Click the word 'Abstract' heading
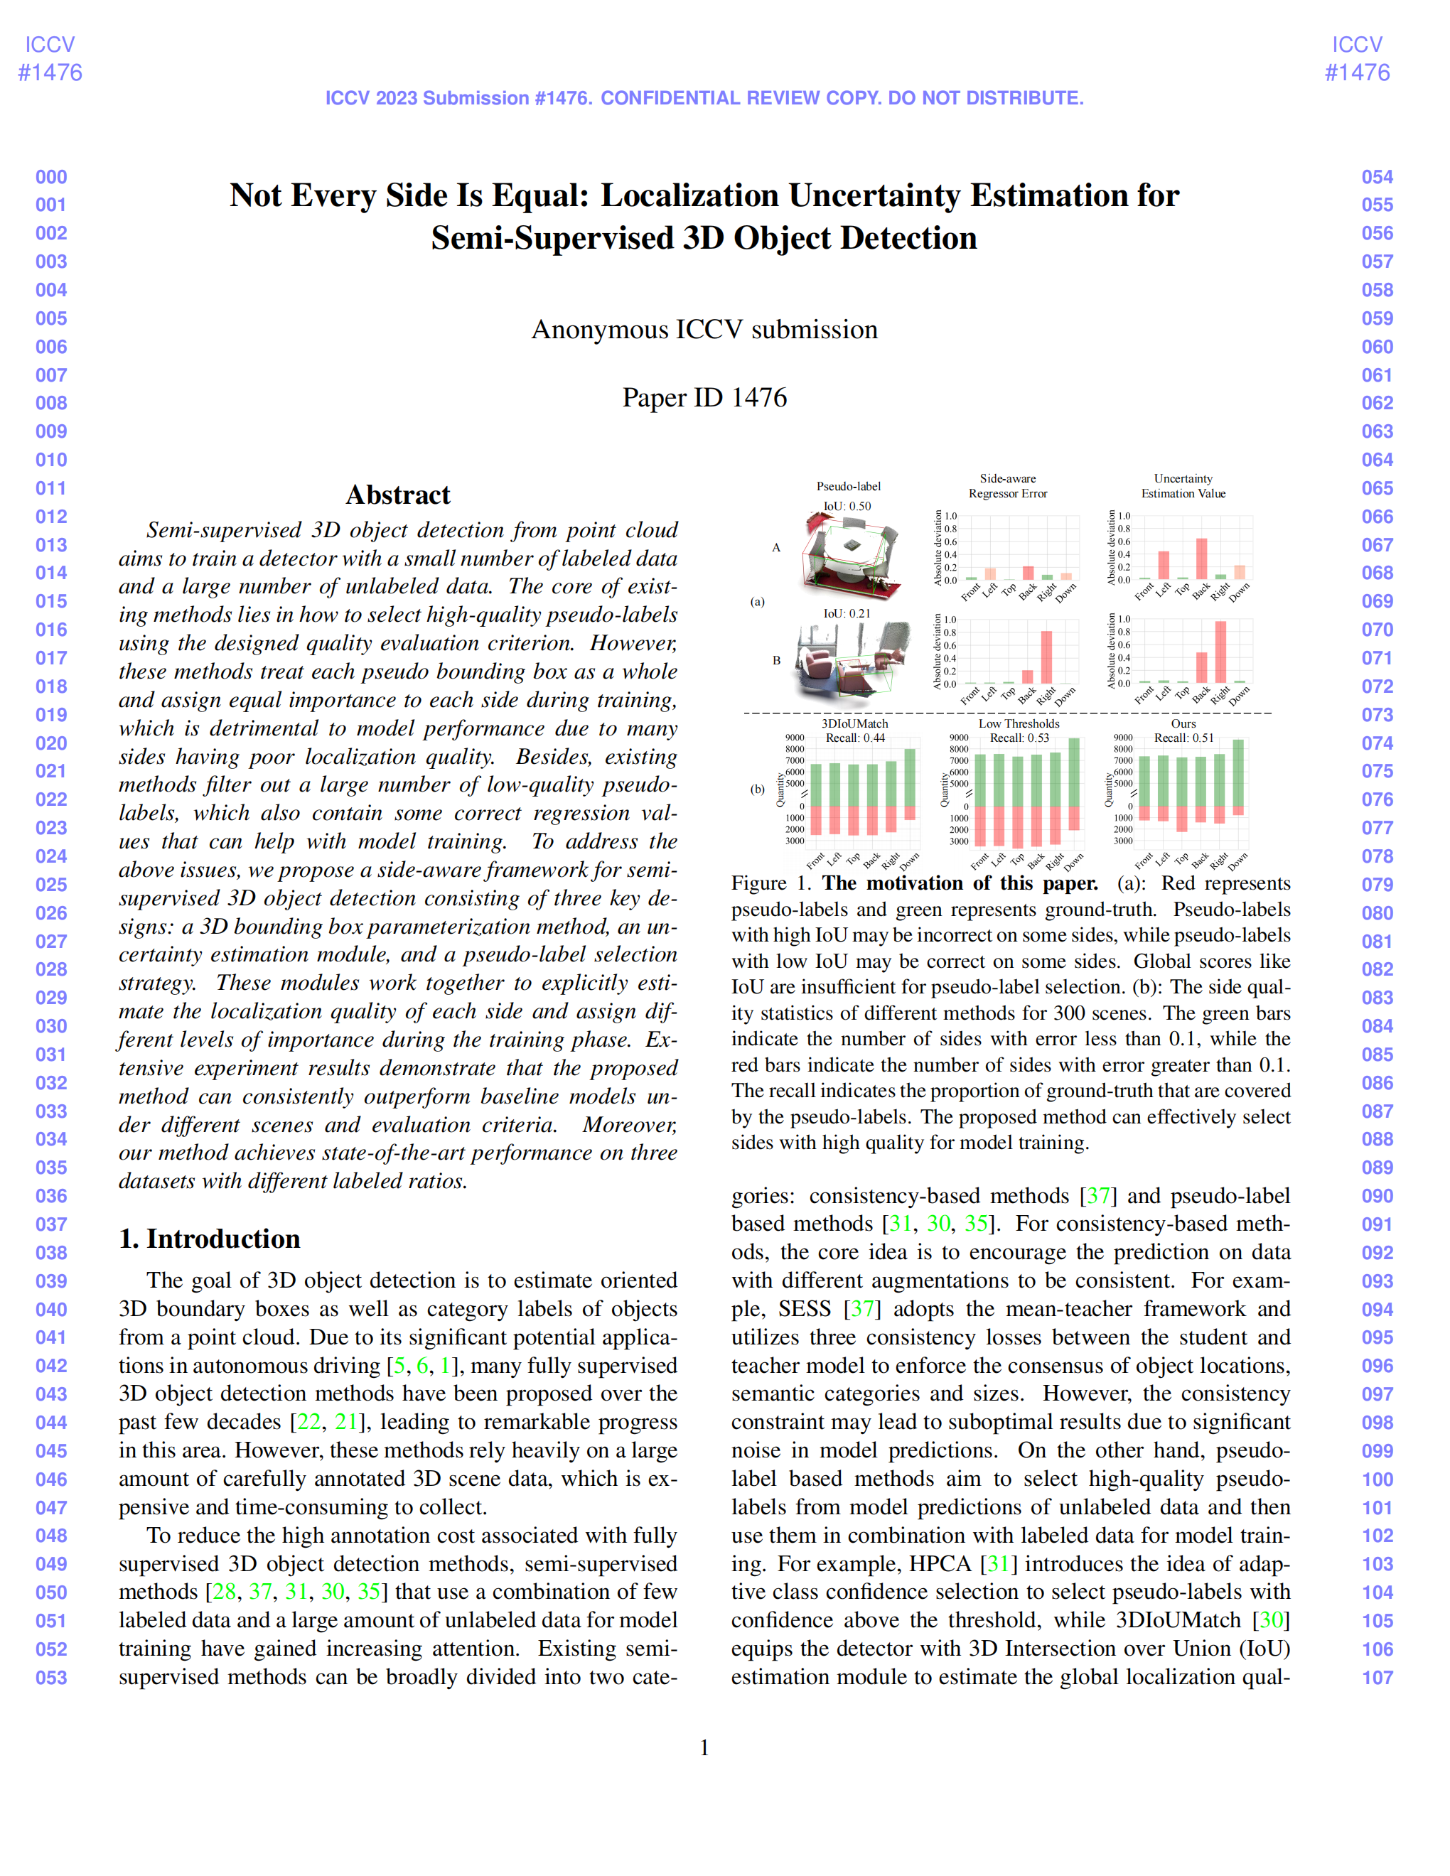click(398, 495)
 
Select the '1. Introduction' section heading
click(210, 1239)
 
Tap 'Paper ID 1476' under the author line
click(704, 398)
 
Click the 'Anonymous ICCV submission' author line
click(704, 330)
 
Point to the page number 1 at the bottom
click(704, 1747)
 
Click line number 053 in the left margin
click(52, 1678)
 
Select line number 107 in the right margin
click(1377, 1678)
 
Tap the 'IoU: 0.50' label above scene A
click(847, 506)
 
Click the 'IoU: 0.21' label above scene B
click(847, 613)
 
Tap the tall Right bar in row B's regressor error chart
click(1046, 657)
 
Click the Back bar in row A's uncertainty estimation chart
click(1202, 559)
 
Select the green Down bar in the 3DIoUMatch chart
click(910, 777)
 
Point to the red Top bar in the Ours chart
click(1182, 819)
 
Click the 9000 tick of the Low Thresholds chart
click(959, 738)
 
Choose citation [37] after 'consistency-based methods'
click(1099, 1196)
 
